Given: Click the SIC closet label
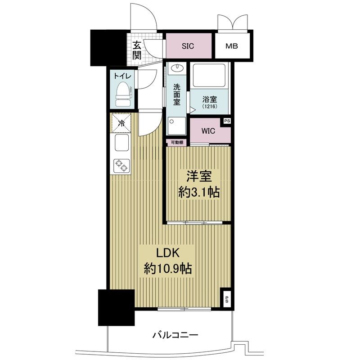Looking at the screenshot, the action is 188,46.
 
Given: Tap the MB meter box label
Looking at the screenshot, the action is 231,46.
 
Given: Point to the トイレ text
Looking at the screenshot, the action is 122,76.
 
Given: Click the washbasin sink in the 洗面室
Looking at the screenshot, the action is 177,68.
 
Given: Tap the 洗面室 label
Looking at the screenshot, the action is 176,94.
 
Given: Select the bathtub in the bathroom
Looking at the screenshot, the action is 209,75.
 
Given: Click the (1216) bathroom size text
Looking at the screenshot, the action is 210,107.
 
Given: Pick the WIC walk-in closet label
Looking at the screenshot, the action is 208,131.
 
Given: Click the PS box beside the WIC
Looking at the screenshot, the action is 227,121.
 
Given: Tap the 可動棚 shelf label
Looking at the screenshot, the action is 177,142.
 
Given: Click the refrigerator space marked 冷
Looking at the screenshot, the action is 121,123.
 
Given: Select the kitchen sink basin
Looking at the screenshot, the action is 121,143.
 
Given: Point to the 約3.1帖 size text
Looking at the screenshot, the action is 199,192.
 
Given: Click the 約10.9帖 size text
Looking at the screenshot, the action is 168,268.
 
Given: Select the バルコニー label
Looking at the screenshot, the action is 175,335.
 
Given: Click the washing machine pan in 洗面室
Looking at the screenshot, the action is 176,126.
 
